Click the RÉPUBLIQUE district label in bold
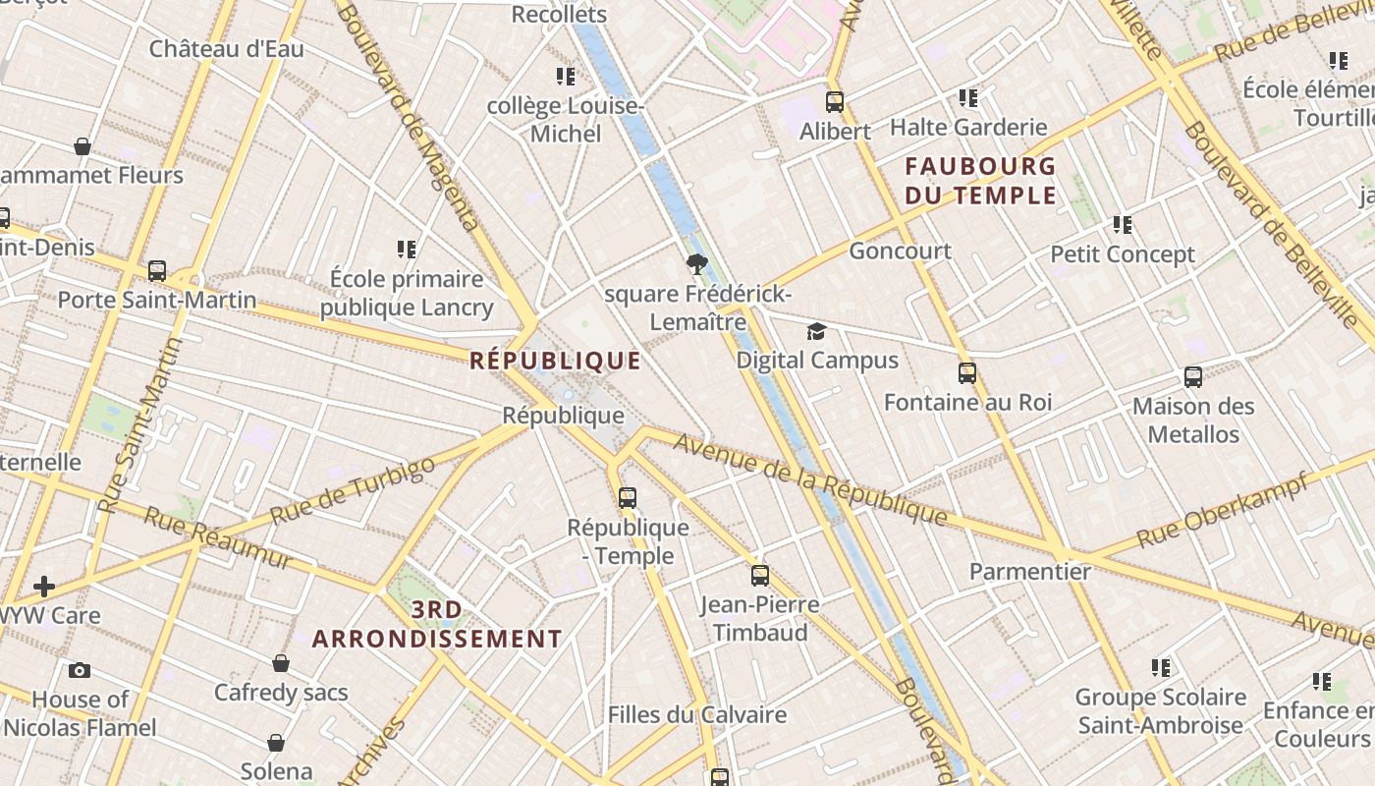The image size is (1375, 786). coord(555,361)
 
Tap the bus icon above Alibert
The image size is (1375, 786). coord(835,101)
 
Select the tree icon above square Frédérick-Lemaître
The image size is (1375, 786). coord(697,263)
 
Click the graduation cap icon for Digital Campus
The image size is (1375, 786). coord(816,331)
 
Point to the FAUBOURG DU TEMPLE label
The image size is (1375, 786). coord(980,180)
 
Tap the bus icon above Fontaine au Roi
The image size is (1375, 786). coord(967,373)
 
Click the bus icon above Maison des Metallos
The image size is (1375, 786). coord(1193,377)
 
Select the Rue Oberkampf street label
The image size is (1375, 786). coord(1222,510)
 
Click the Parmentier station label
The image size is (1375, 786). coord(1029,572)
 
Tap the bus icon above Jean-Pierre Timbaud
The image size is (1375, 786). coord(760,576)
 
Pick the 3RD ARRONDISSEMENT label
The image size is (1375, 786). coord(437,625)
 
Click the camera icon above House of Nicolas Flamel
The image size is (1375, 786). coord(80,671)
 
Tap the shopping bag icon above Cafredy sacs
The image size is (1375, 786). coord(281,663)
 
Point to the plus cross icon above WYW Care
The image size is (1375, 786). coord(43,588)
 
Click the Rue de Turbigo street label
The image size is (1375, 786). coord(352,490)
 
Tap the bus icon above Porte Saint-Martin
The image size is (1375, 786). coord(157,271)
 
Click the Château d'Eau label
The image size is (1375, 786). coord(226,49)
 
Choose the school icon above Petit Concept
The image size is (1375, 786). coord(1123,225)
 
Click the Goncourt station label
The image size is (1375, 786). coord(900,251)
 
